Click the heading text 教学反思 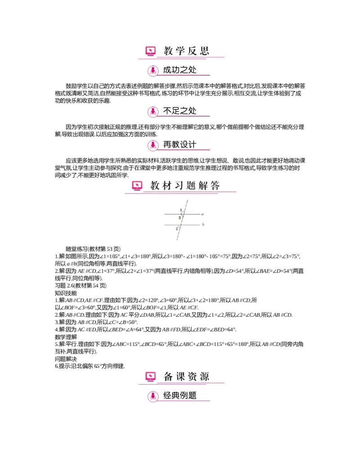(186, 51)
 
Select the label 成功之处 (180, 70)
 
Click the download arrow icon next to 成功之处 (153, 71)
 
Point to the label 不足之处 (180, 111)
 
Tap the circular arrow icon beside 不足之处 (153, 111)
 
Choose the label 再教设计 (180, 145)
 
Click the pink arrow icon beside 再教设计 (153, 145)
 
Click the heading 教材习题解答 (185, 186)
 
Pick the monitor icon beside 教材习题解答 (137, 186)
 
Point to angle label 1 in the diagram (180, 210)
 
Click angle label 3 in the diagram (179, 218)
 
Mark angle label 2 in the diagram (176, 229)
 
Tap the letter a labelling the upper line (203, 214)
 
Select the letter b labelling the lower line (203, 224)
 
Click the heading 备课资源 (186, 377)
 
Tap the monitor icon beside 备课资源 (151, 377)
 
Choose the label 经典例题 (180, 396)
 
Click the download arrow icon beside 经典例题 (153, 396)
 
